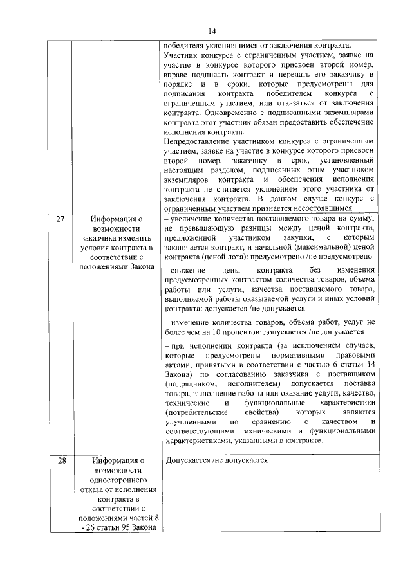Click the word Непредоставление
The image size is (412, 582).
pos(197,140)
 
